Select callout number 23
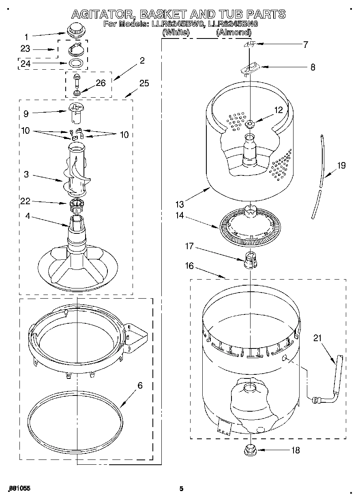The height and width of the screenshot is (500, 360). (25, 49)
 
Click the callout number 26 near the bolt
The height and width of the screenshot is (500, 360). (100, 83)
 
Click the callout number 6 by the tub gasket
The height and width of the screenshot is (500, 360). (140, 385)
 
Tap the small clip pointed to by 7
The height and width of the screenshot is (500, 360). (250, 44)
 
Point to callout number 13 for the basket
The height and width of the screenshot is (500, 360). (180, 204)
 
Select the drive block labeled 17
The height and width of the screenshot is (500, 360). (250, 260)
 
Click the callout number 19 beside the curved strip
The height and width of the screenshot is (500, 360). (341, 165)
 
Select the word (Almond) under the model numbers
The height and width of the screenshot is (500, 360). (233, 32)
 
